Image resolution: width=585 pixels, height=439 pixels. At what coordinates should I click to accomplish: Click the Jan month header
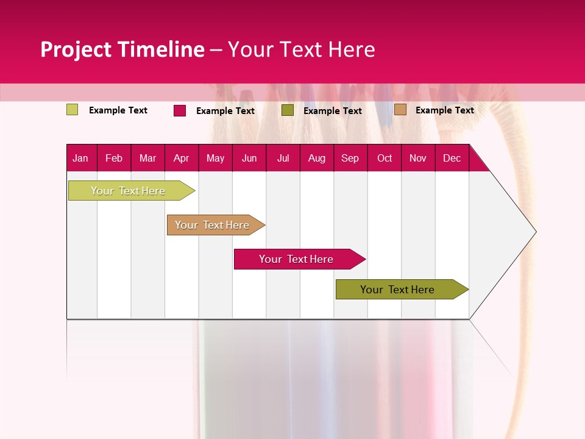80,159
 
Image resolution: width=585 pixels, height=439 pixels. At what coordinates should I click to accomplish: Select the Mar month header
147,159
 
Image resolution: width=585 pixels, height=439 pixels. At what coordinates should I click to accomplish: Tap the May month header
215,159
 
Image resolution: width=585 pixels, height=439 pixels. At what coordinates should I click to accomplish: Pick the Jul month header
283,159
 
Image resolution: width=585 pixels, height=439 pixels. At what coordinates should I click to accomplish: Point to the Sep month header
350,159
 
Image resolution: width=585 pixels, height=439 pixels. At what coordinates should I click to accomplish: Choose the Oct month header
385,159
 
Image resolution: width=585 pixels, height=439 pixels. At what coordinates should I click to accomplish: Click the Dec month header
452,159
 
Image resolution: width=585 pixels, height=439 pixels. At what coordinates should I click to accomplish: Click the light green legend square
73,110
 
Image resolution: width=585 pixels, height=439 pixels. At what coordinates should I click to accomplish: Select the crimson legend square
180,110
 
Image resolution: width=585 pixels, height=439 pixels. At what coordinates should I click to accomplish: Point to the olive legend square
288,110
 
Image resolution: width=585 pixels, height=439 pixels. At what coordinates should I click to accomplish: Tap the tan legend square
400,110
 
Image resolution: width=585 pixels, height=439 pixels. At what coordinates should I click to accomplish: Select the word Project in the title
76,49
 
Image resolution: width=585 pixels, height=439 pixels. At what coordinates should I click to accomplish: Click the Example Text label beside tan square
444,110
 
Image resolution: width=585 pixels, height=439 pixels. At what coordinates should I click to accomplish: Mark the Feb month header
114,159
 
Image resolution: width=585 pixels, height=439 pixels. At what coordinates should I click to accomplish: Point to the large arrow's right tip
535,232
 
